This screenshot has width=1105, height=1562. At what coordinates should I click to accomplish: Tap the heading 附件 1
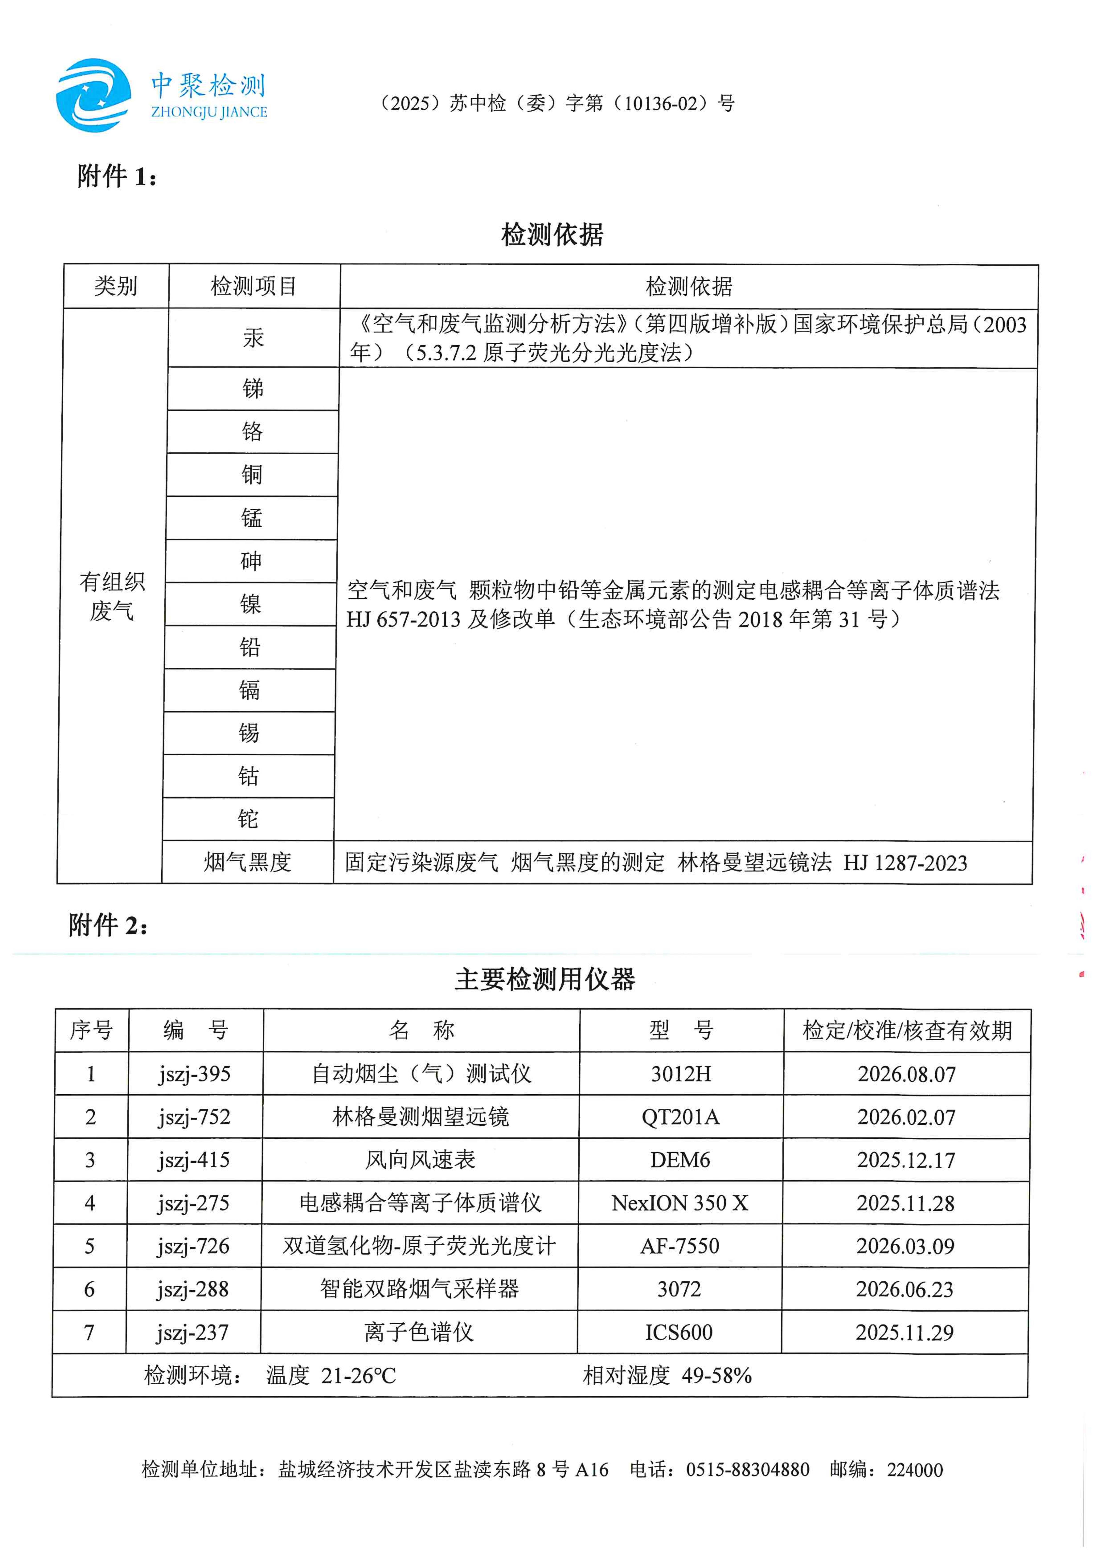117,177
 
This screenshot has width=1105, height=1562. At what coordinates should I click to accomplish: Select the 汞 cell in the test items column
253,338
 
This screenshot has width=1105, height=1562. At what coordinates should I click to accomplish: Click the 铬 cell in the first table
253,431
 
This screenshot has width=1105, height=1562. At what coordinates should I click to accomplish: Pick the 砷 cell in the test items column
251,560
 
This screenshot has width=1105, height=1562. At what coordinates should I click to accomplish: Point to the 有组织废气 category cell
112,596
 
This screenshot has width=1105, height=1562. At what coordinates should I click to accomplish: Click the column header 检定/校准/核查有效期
907,1030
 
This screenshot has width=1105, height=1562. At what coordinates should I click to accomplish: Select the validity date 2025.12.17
906,1160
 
